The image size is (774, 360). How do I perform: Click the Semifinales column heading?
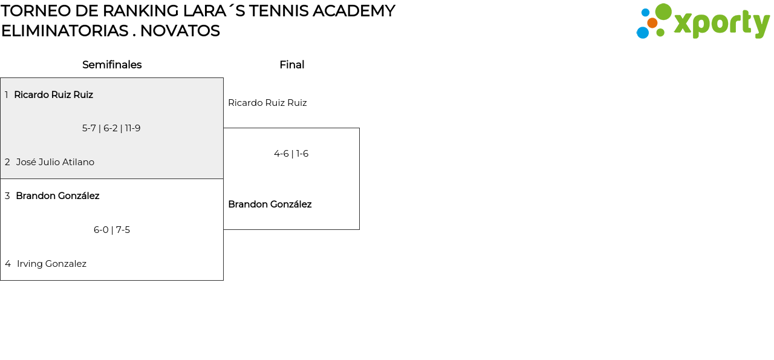pyautogui.click(x=112, y=65)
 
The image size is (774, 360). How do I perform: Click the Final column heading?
pyautogui.click(x=291, y=65)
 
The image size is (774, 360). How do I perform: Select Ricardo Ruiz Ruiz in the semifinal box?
pyautogui.click(x=53, y=94)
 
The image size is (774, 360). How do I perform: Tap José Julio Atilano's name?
pyautogui.click(x=55, y=162)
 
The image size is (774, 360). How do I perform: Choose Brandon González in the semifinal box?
pyautogui.click(x=57, y=196)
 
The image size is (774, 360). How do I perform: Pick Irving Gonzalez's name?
pyautogui.click(x=51, y=264)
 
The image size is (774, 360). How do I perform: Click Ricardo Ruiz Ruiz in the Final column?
pyautogui.click(x=267, y=103)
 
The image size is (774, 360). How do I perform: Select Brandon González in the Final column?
pyautogui.click(x=270, y=205)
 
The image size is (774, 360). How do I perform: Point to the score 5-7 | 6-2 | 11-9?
pyautogui.click(x=111, y=128)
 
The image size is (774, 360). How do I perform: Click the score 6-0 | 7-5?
pyautogui.click(x=112, y=230)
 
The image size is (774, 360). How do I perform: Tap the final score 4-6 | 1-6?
pyautogui.click(x=291, y=154)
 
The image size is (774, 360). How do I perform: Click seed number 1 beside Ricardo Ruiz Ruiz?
pyautogui.click(x=6, y=95)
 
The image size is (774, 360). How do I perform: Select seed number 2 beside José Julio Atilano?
pyautogui.click(x=7, y=162)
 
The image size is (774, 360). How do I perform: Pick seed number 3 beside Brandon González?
pyautogui.click(x=7, y=196)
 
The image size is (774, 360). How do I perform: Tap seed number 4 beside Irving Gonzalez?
pyautogui.click(x=8, y=264)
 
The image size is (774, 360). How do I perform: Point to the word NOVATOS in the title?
pyautogui.click(x=180, y=31)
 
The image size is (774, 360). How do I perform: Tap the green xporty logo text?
pyautogui.click(x=721, y=24)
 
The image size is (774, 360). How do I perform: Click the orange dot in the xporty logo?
pyautogui.click(x=652, y=23)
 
